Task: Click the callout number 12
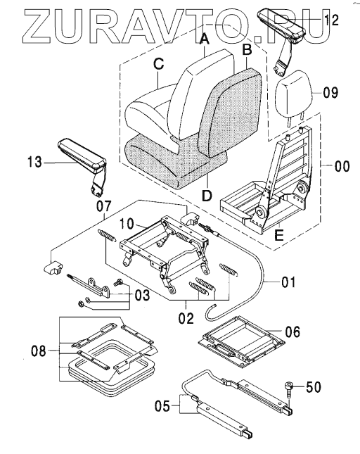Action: click(x=331, y=20)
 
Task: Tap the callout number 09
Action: click(x=330, y=93)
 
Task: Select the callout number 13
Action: click(x=34, y=162)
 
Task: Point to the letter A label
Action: click(x=205, y=39)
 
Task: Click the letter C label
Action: click(x=158, y=64)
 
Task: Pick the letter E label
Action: click(x=278, y=235)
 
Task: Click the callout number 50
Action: click(x=313, y=387)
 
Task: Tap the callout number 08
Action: click(x=39, y=351)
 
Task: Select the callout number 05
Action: click(x=162, y=406)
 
